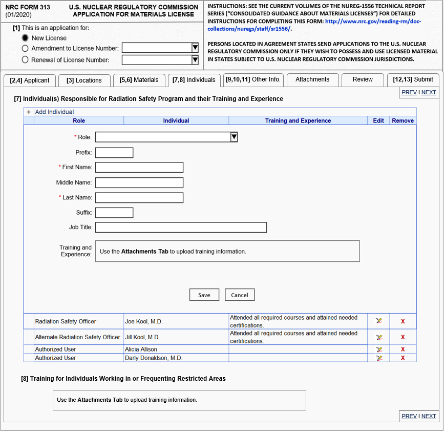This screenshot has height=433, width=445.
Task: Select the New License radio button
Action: [x=26, y=38]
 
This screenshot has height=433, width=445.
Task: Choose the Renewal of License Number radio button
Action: [x=26, y=60]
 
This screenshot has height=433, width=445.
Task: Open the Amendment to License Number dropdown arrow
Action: [x=195, y=48]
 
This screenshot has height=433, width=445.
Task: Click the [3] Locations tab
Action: [x=84, y=80]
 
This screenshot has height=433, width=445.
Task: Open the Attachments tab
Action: [x=312, y=79]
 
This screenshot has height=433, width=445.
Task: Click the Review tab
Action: [x=363, y=79]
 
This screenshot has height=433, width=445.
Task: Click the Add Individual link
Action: [x=54, y=112]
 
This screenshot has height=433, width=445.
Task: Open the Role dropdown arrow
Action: [x=234, y=137]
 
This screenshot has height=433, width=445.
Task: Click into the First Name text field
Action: [x=139, y=168]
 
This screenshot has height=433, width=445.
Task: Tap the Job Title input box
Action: [x=181, y=228]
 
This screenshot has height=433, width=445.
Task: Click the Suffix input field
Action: [x=114, y=213]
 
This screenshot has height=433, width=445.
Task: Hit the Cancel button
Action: [x=239, y=295]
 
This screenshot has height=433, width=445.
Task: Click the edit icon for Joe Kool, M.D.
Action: [x=378, y=321]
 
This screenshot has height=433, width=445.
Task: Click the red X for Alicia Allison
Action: [x=402, y=349]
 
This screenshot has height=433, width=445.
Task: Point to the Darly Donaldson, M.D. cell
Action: [x=154, y=358]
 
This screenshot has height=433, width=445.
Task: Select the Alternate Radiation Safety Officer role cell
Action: [x=77, y=337]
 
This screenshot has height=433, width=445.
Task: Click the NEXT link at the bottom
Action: [x=429, y=416]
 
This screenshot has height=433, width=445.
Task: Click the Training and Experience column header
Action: [x=298, y=120]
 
